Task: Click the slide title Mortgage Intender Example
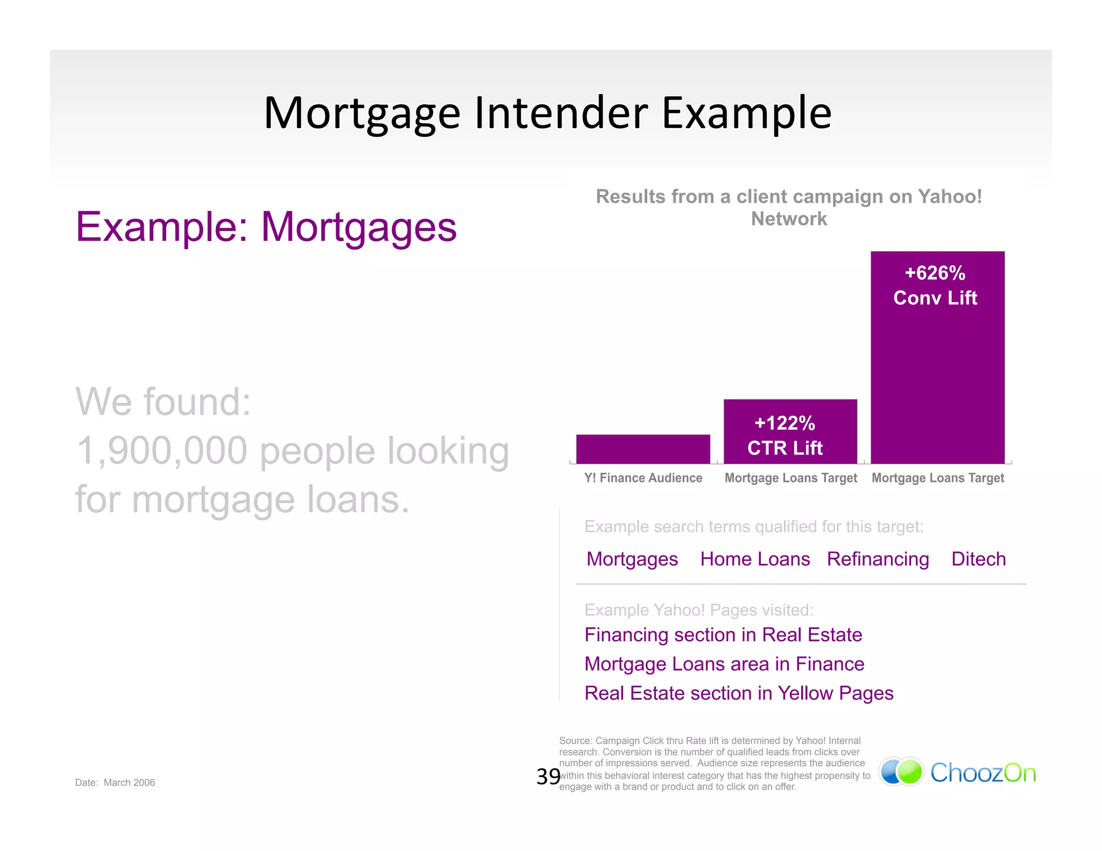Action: click(x=548, y=113)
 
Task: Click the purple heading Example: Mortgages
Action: click(x=266, y=227)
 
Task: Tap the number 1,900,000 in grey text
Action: click(x=161, y=451)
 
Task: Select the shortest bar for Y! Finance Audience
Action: click(x=643, y=449)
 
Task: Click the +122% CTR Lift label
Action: click(x=785, y=435)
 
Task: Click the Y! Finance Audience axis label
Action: click(x=643, y=478)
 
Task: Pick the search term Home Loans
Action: click(x=754, y=559)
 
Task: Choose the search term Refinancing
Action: click(x=878, y=559)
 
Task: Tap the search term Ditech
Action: click(x=978, y=559)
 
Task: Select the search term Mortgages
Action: click(x=632, y=559)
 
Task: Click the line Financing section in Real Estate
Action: click(x=723, y=635)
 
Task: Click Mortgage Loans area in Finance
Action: click(x=724, y=664)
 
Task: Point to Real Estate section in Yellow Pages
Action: click(x=738, y=693)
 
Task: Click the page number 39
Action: click(x=548, y=776)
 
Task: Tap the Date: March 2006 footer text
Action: click(x=115, y=783)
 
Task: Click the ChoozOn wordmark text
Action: click(x=983, y=773)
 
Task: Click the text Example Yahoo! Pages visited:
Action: click(x=698, y=610)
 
